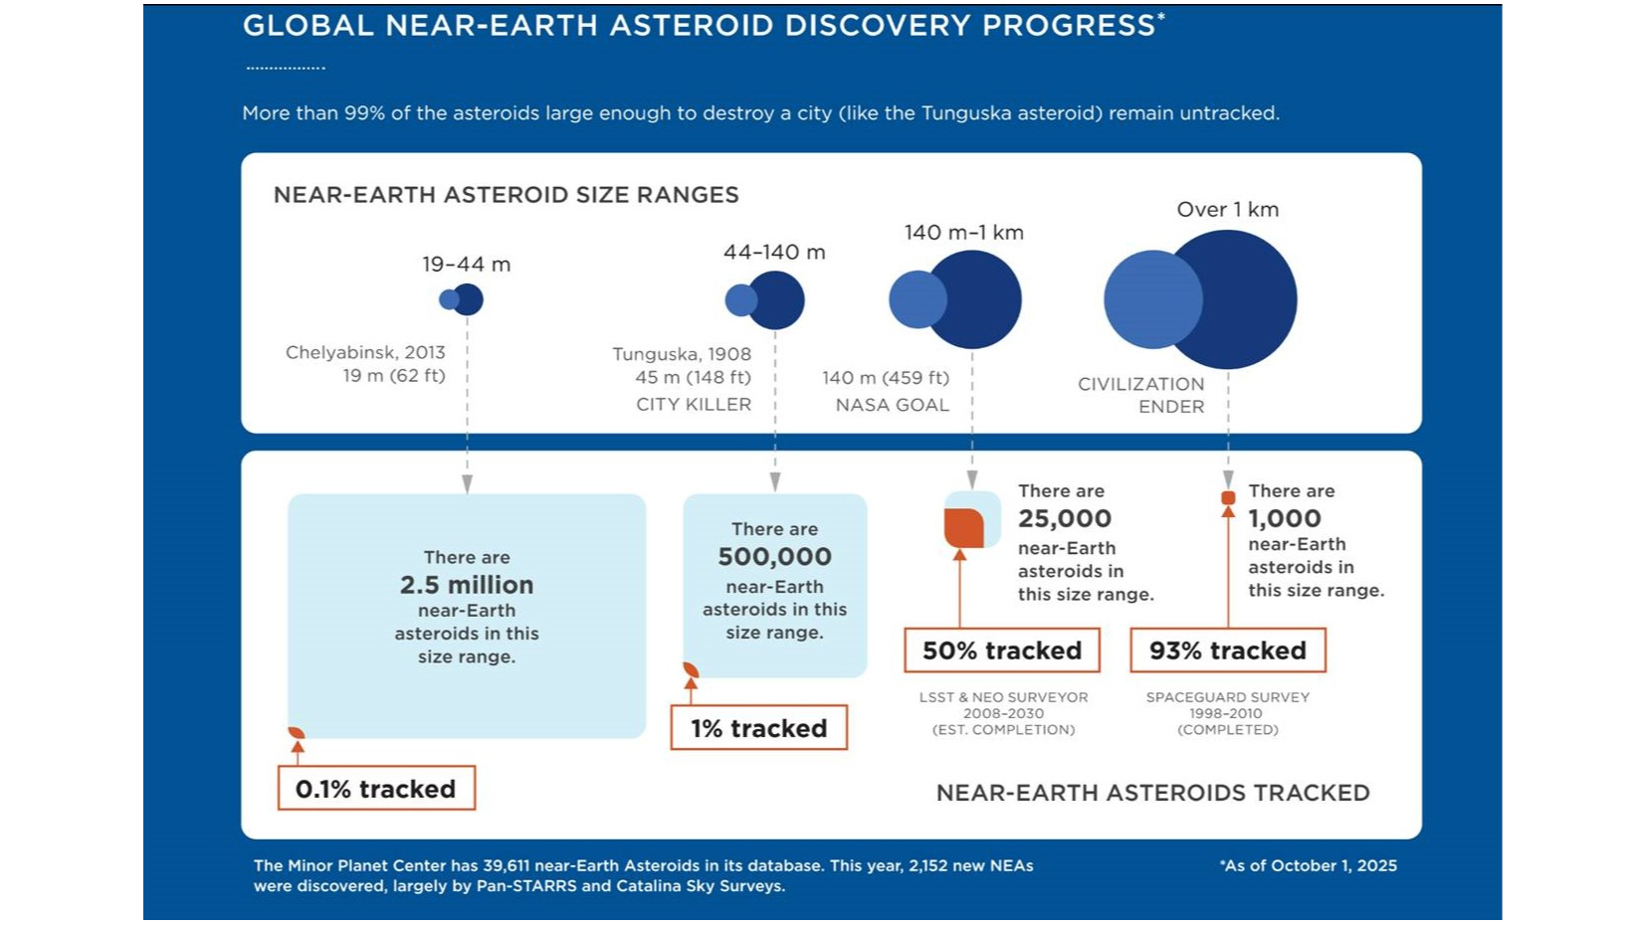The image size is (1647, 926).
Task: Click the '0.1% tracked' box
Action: tap(375, 788)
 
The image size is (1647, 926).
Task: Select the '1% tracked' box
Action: tap(758, 727)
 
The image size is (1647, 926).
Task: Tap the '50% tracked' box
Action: tap(1001, 650)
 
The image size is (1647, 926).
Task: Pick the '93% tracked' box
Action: tap(1227, 650)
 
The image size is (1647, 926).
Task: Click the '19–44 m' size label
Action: tap(466, 265)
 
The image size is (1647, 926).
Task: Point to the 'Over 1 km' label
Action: tap(1227, 210)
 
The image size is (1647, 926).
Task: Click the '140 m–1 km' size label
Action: tap(963, 233)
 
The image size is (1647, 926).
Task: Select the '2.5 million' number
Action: tap(467, 585)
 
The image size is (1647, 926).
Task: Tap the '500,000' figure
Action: tap(774, 557)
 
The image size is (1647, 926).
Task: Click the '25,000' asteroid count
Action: tap(1064, 518)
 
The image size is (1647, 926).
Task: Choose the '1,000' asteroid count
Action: tap(1284, 518)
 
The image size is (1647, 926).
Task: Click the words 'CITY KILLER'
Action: tap(694, 404)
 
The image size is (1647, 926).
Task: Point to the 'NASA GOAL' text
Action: tap(892, 405)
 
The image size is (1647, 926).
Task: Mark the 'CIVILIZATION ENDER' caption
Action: tap(1141, 395)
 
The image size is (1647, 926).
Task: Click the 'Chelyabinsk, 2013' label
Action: tap(365, 352)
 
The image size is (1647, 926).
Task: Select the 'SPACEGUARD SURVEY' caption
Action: tap(1227, 697)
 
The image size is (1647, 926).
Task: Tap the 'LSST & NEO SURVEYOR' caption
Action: tap(1003, 697)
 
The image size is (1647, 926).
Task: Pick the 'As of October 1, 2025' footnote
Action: tap(1308, 865)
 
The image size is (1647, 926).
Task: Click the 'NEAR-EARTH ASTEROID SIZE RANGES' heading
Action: tap(506, 195)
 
